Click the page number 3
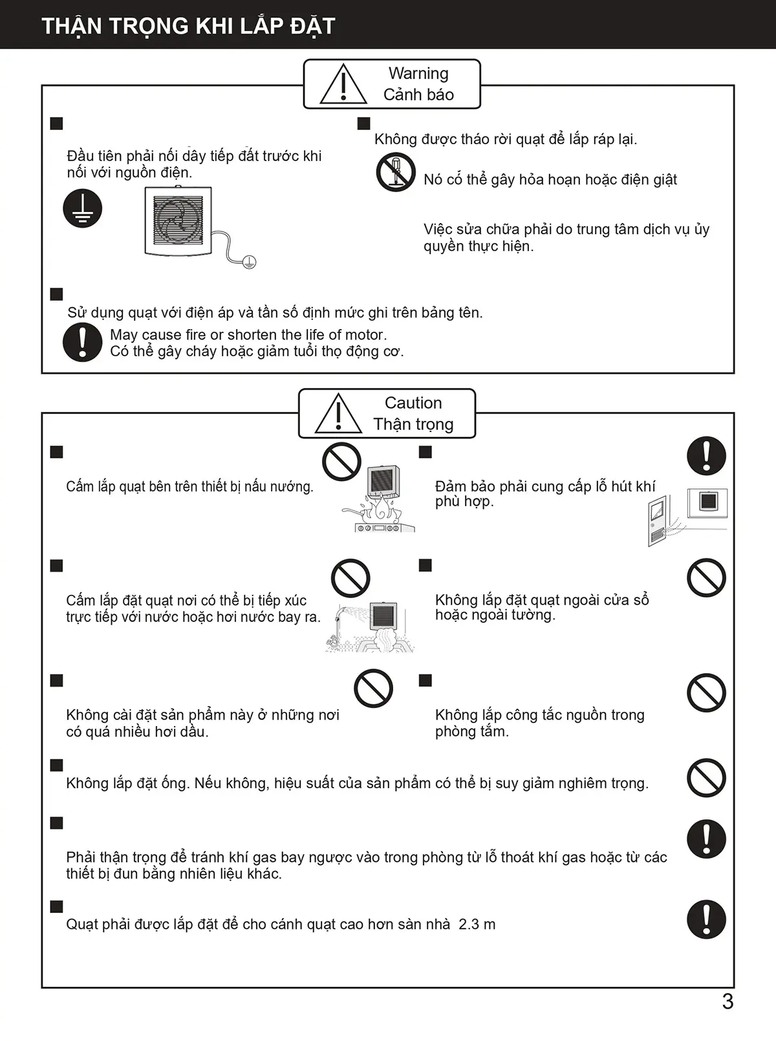pos(727,1002)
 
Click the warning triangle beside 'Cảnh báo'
pos(343,85)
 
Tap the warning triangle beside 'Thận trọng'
pos(338,414)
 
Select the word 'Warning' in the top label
pos(418,74)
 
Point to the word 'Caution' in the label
pos(413,403)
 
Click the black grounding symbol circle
pos(83,209)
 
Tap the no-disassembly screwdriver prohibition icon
pos(396,172)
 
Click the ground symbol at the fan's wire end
pos(250,262)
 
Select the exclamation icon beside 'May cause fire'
pos(83,342)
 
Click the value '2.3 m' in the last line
pos(477,925)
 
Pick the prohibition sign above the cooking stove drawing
pos(341,462)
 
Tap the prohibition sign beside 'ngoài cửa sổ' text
pos(706,578)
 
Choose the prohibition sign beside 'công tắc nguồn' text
pos(706,693)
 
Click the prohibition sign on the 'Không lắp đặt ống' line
pos(706,778)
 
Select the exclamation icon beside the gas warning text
pos(706,839)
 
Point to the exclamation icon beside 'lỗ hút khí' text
pos(706,455)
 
